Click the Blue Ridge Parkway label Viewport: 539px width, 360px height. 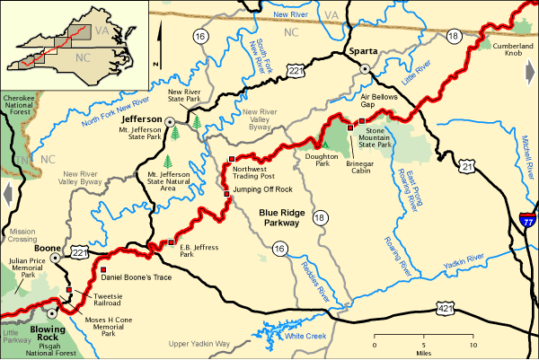click(x=279, y=218)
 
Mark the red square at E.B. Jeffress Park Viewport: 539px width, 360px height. click(x=171, y=241)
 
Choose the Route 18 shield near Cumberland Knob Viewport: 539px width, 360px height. click(x=455, y=36)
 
